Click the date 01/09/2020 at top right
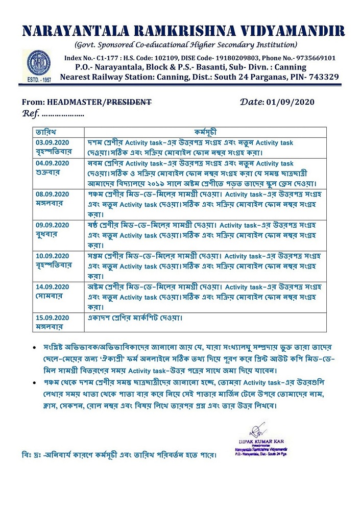(x=291, y=102)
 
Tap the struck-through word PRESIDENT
(x=129, y=102)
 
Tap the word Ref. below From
(x=31, y=113)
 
